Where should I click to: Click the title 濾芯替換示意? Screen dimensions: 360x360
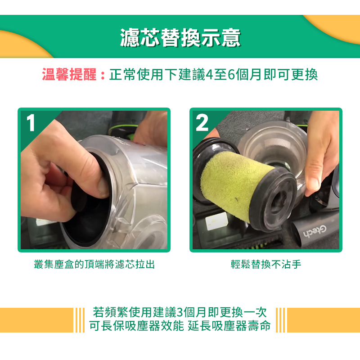[180, 38]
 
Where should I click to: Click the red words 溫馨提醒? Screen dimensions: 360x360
[69, 75]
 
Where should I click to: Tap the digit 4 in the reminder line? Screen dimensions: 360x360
[209, 75]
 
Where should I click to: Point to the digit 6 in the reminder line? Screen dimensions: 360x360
[231, 75]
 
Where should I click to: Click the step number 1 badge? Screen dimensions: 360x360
[31, 123]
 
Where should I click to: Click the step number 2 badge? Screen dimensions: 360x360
[202, 123]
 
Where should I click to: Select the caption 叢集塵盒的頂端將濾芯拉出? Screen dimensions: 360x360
[94, 264]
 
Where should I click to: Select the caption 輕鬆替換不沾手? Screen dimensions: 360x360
[266, 264]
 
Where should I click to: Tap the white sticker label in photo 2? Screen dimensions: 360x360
[216, 221]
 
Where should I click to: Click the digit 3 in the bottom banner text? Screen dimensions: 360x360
[180, 312]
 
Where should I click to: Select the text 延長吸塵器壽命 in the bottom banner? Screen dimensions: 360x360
[229, 325]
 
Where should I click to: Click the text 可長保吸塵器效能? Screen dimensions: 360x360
[137, 325]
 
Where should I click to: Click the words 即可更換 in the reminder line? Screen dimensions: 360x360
[291, 75]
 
